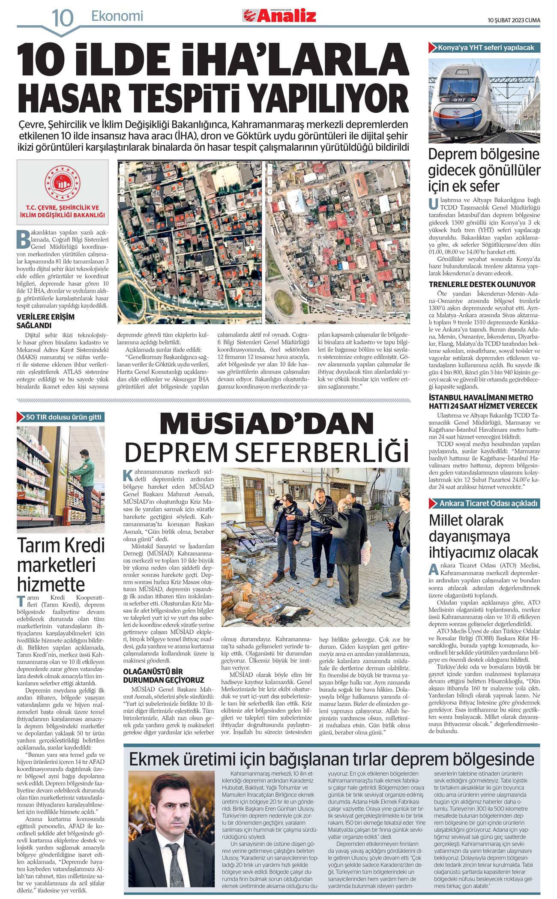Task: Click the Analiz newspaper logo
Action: tap(279, 16)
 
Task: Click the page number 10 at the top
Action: tap(63, 18)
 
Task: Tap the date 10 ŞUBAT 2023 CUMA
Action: tap(514, 20)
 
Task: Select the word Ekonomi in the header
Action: tap(117, 16)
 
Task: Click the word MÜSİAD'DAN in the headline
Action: tap(267, 424)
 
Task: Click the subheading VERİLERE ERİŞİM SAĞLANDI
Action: tap(45, 321)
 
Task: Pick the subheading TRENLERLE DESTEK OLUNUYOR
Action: tap(482, 284)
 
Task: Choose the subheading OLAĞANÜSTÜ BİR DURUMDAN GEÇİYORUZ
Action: tap(163, 675)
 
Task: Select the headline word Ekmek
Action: tap(154, 759)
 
